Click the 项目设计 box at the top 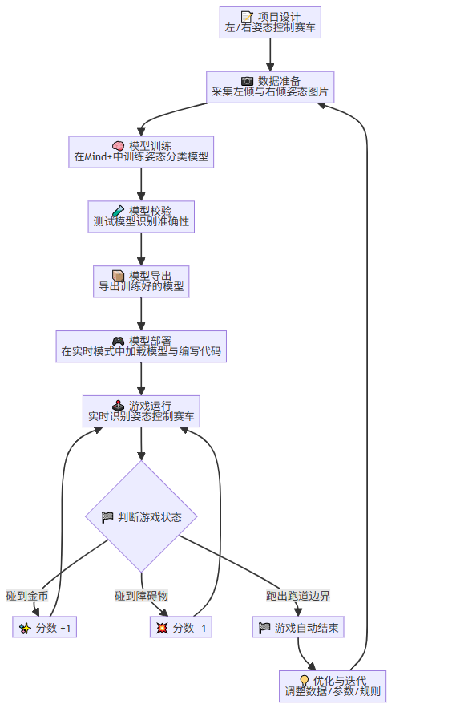(x=270, y=22)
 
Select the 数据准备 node (x=270, y=87)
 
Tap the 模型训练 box (x=141, y=152)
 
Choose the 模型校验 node (x=141, y=216)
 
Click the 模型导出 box (x=141, y=281)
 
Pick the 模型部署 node (x=141, y=346)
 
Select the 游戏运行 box (x=141, y=411)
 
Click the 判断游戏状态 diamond (x=141, y=516)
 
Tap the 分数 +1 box (x=45, y=628)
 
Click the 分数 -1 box (x=180, y=628)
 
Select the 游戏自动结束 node (x=298, y=628)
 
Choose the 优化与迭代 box (x=333, y=686)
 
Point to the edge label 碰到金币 (x=27, y=596)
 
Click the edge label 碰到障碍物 (x=141, y=596)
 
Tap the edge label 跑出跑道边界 (x=298, y=596)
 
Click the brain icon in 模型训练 (x=118, y=145)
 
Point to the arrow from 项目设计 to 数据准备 (x=270, y=55)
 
